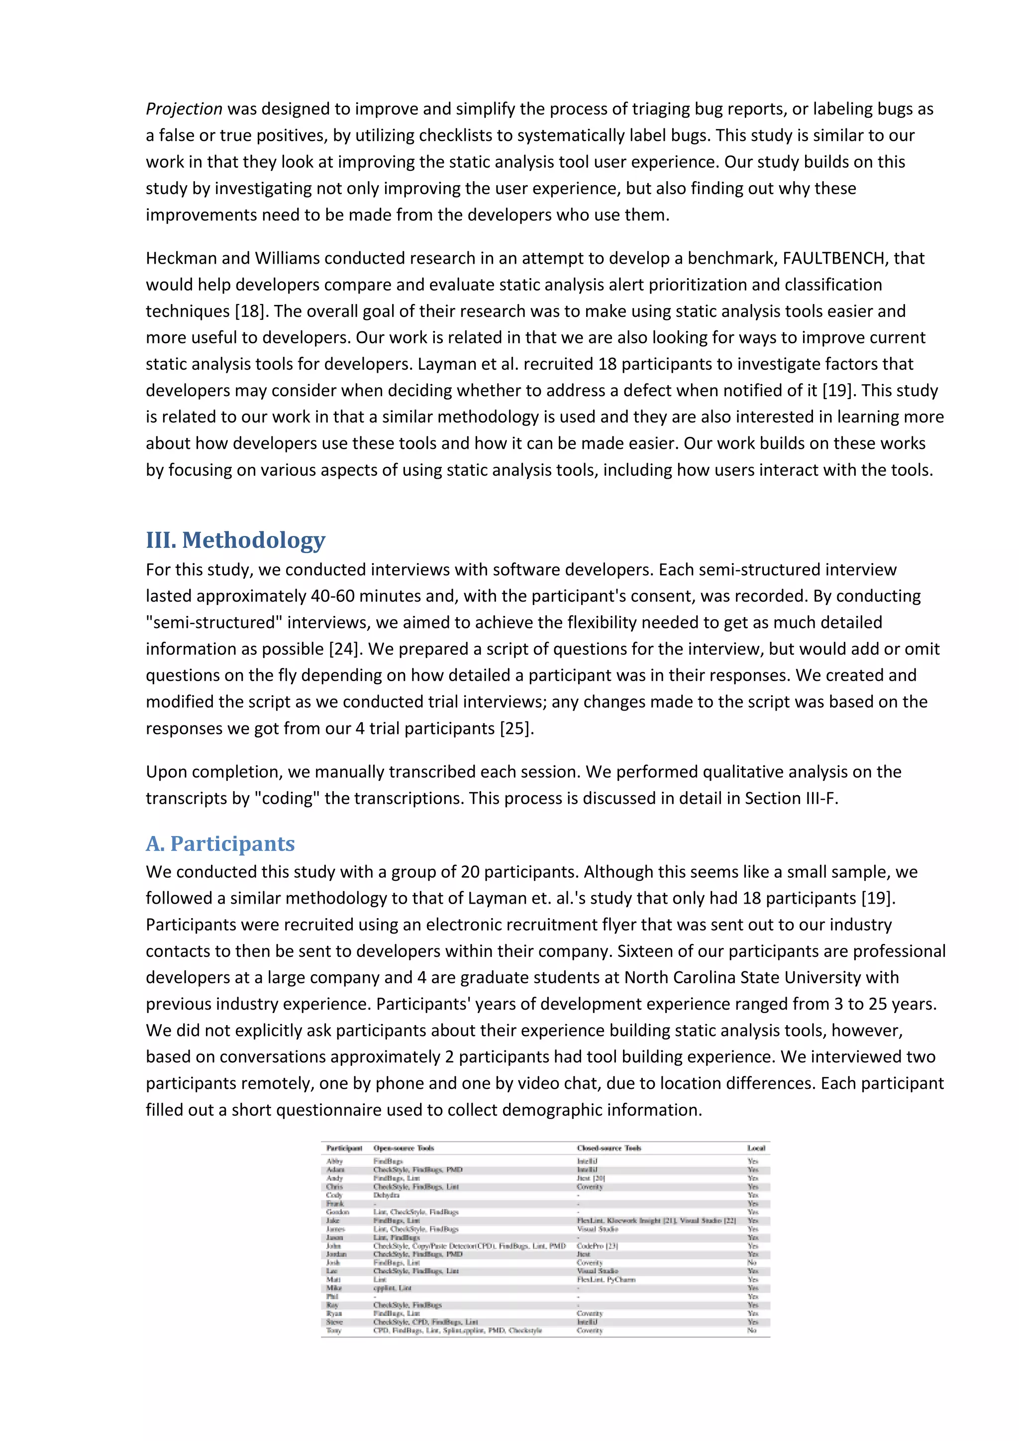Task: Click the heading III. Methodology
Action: click(235, 540)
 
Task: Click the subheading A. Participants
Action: click(220, 843)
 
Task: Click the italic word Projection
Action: click(184, 109)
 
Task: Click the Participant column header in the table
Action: click(344, 1148)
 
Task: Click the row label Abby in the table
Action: click(334, 1161)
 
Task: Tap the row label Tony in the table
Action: click(333, 1330)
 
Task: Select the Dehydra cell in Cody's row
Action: click(386, 1195)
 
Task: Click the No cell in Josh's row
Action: click(752, 1262)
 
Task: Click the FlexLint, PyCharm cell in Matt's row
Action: click(606, 1279)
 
